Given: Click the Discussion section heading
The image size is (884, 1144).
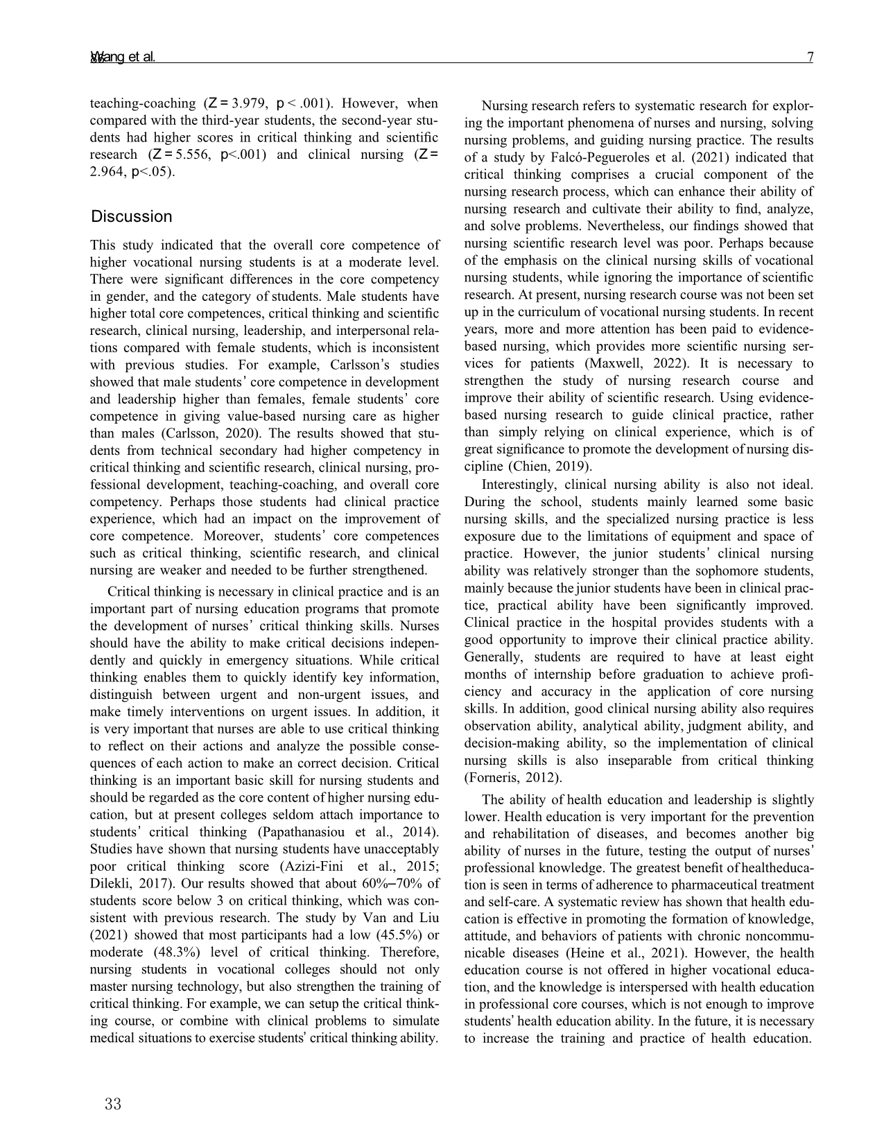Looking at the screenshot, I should click(x=132, y=216).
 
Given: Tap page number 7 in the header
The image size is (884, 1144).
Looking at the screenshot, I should click(x=810, y=58).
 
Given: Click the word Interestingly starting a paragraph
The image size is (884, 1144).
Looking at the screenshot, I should click(x=517, y=485).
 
